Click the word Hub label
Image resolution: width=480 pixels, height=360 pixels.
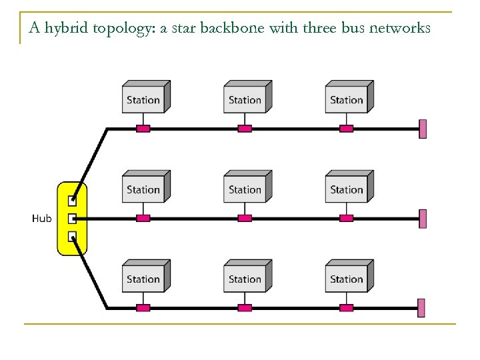click(x=41, y=218)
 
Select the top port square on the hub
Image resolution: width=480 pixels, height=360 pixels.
click(x=73, y=199)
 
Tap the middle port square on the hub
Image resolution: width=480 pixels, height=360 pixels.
click(x=73, y=218)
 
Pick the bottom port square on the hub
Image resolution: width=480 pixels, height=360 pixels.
click(x=73, y=236)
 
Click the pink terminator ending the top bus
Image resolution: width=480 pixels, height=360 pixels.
click(x=422, y=129)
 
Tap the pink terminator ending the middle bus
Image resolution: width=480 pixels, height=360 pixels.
click(x=422, y=218)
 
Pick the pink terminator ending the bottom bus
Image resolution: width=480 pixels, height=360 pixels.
click(x=422, y=307)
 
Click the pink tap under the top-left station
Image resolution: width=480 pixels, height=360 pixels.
click(x=143, y=129)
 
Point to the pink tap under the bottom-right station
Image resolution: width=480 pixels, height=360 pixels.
click(x=346, y=307)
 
